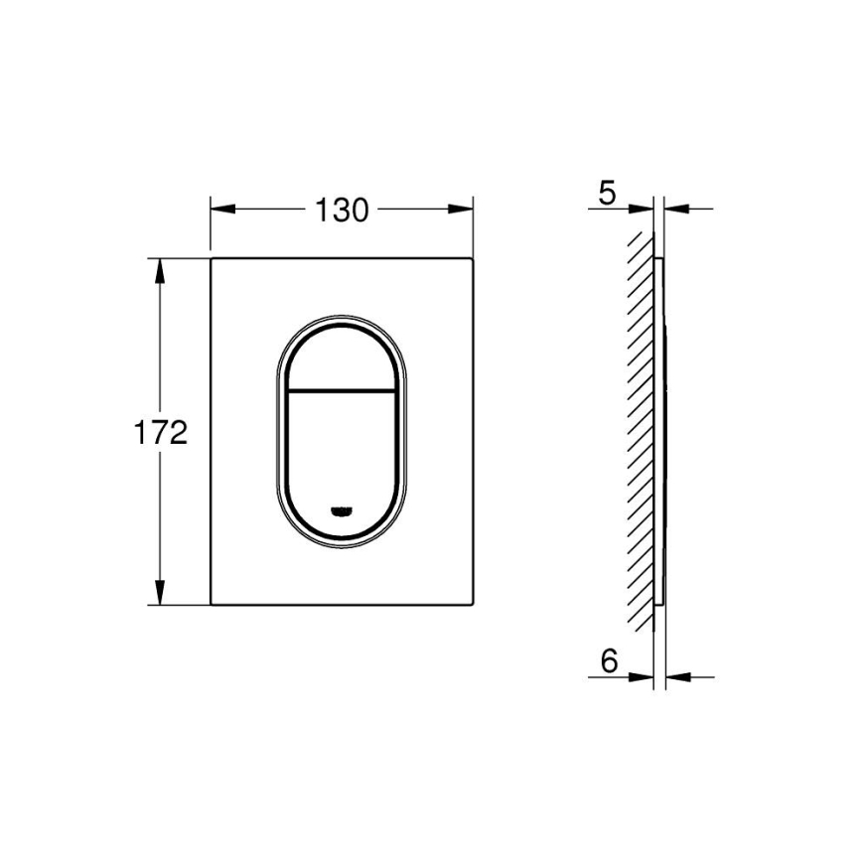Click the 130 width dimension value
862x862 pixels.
tap(342, 210)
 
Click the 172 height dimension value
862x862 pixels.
tap(161, 433)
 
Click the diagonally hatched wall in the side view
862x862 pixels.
tap(641, 427)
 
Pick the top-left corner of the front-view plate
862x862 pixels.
tap(212, 259)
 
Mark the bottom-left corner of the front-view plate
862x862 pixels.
tap(212, 605)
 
